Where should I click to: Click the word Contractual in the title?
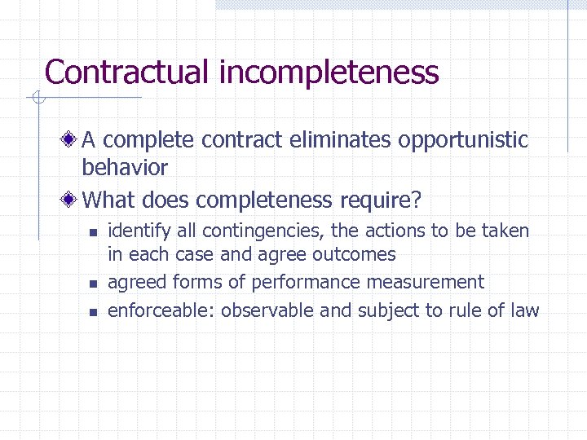(x=127, y=72)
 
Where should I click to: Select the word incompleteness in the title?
(x=329, y=72)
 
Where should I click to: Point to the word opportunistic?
(x=463, y=140)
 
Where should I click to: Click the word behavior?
(x=125, y=168)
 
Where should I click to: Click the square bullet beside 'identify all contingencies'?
(x=93, y=233)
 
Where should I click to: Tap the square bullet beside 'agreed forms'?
(x=93, y=284)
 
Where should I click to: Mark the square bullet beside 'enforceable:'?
(x=93, y=311)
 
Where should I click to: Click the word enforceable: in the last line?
(x=161, y=310)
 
